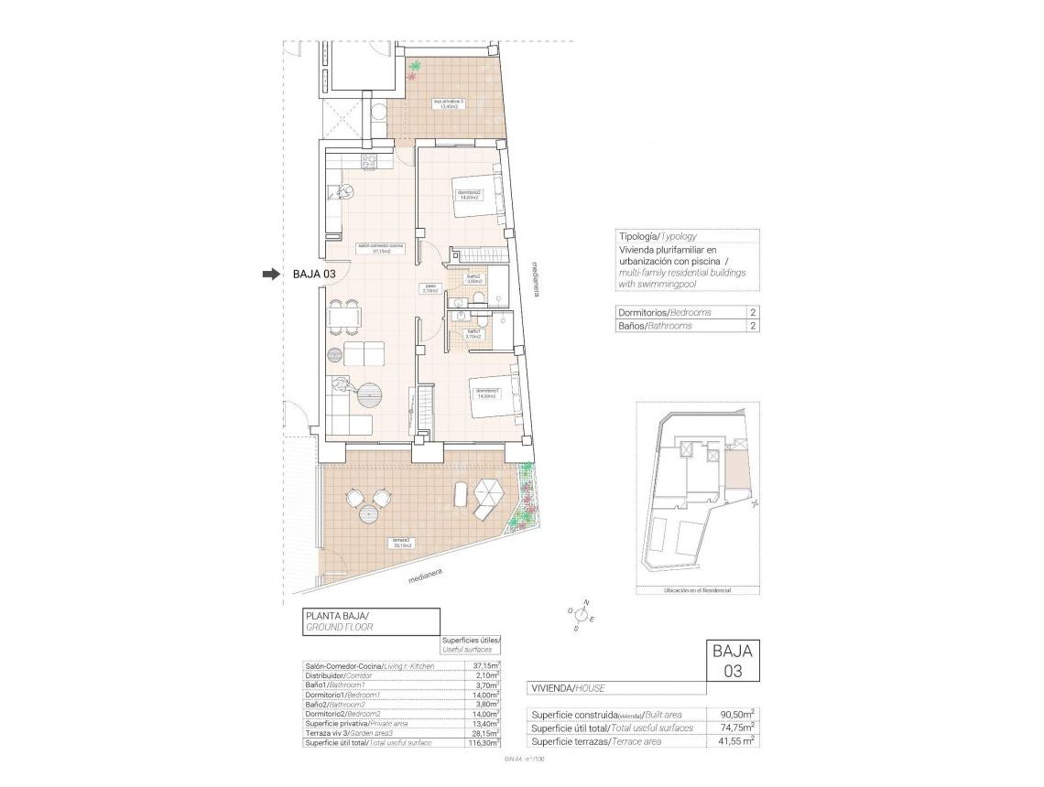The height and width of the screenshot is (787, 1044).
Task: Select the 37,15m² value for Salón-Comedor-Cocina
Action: pyautogui.click(x=485, y=665)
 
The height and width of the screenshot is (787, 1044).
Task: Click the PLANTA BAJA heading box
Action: pyautogui.click(x=371, y=622)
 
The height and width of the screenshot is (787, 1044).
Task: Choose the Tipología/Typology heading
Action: pyautogui.click(x=658, y=236)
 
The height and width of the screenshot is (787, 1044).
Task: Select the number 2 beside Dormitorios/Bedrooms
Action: pyautogui.click(x=752, y=312)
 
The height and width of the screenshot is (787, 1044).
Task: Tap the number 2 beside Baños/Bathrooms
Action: pyautogui.click(x=752, y=326)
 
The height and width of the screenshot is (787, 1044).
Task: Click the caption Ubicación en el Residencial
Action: pyautogui.click(x=698, y=591)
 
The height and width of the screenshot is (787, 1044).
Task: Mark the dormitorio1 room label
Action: pyautogui.click(x=486, y=393)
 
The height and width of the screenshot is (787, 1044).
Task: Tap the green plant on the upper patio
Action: pyautogui.click(x=417, y=67)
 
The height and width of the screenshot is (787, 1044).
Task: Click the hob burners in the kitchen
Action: pyautogui.click(x=370, y=161)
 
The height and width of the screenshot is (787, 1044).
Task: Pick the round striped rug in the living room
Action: pyautogui.click(x=371, y=395)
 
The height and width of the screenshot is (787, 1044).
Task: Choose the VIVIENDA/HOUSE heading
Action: pyautogui.click(x=567, y=687)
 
